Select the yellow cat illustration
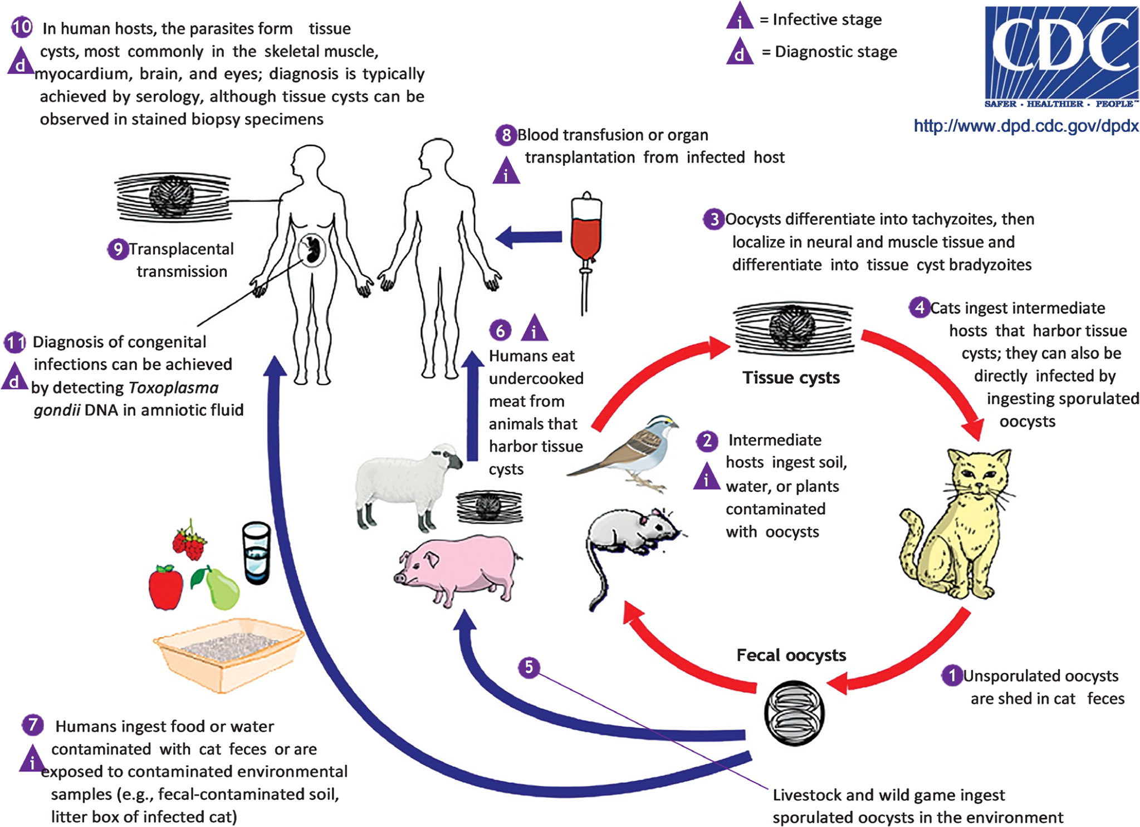[956, 523]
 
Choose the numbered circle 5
[529, 667]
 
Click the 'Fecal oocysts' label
[791, 655]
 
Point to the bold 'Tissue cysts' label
[791, 378]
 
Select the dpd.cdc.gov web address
[1026, 126]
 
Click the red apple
[165, 588]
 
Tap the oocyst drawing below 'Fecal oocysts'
[793, 713]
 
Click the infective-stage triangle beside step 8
[506, 171]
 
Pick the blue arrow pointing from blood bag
[529, 237]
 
